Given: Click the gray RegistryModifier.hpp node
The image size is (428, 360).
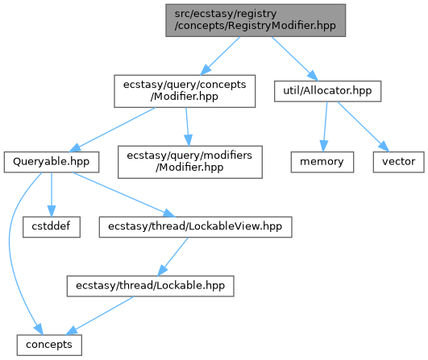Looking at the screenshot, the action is click(x=256, y=20).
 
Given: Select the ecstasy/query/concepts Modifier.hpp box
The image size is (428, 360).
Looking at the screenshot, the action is click(x=185, y=91).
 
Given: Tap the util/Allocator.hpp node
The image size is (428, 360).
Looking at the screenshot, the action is click(x=327, y=91).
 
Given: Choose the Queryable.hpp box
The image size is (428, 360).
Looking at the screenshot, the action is click(x=52, y=162).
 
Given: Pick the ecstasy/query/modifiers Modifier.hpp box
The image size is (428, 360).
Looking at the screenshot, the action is click(x=190, y=162).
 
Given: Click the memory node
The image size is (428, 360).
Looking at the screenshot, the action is click(x=322, y=162).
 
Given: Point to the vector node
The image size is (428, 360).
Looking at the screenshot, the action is click(x=398, y=162).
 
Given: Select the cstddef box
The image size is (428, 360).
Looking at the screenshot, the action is click(x=52, y=227).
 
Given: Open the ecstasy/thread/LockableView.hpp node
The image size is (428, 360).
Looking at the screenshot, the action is click(x=195, y=227).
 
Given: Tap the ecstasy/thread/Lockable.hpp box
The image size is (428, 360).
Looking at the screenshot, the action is click(x=151, y=286).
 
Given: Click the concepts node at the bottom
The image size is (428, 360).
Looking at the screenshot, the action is click(x=49, y=345).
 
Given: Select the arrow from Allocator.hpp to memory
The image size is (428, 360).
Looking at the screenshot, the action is click(x=325, y=126).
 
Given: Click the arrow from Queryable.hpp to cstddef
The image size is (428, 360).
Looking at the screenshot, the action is click(x=52, y=194).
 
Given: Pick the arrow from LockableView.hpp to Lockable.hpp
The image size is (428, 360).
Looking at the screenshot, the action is click(x=172, y=256).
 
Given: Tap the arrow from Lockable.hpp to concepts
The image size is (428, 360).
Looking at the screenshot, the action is click(x=100, y=316).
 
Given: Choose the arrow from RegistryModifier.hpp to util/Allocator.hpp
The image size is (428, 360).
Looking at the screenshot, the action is click(x=295, y=58).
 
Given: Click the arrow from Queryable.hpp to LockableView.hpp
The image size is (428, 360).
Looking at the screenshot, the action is click(x=123, y=194).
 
